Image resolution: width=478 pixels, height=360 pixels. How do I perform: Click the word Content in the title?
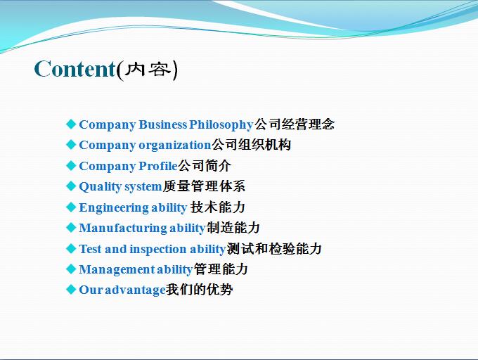75,69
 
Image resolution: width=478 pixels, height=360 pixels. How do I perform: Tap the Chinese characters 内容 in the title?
148,70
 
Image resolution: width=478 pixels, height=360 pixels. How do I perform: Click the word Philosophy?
221,125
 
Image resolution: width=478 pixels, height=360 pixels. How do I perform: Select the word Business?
163,124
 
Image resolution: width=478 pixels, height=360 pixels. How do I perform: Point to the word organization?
175,146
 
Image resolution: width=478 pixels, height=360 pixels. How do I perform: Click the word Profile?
158,166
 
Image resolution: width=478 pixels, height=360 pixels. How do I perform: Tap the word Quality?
101,186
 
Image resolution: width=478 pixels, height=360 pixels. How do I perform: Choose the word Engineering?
114,208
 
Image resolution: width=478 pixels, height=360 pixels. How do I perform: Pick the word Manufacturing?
123,228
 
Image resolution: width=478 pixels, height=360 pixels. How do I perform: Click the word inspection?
158,250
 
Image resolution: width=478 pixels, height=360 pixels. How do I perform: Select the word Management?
117,270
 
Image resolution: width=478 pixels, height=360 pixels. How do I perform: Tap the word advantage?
135,290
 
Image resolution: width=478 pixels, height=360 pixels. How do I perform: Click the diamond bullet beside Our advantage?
71,289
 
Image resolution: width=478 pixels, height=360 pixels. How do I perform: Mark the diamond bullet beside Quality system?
71,186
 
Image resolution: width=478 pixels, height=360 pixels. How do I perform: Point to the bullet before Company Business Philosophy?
71,124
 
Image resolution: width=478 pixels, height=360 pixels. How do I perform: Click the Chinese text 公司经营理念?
295,124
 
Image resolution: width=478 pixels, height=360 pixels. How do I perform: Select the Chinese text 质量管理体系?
204,186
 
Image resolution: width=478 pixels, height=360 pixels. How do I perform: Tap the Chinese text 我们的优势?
200,290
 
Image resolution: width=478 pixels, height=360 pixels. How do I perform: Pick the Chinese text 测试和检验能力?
274,249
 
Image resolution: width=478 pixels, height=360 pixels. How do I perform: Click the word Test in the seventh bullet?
90,249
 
